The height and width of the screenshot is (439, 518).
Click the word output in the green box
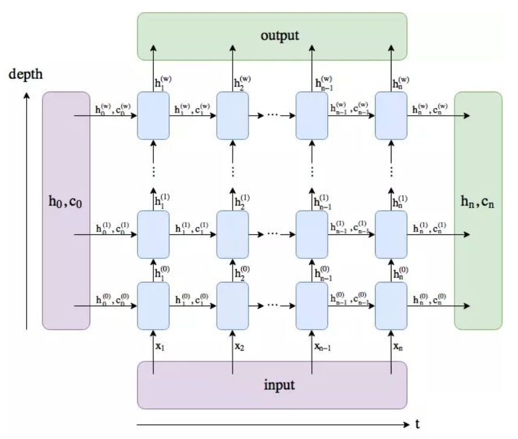280,34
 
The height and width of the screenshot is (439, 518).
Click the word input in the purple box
280,385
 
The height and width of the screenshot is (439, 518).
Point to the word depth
26,74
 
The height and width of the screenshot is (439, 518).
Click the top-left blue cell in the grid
153,116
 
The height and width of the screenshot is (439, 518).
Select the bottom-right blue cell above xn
391,305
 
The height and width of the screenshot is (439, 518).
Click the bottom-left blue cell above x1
153,305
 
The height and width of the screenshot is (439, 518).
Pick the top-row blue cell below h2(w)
232,116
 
